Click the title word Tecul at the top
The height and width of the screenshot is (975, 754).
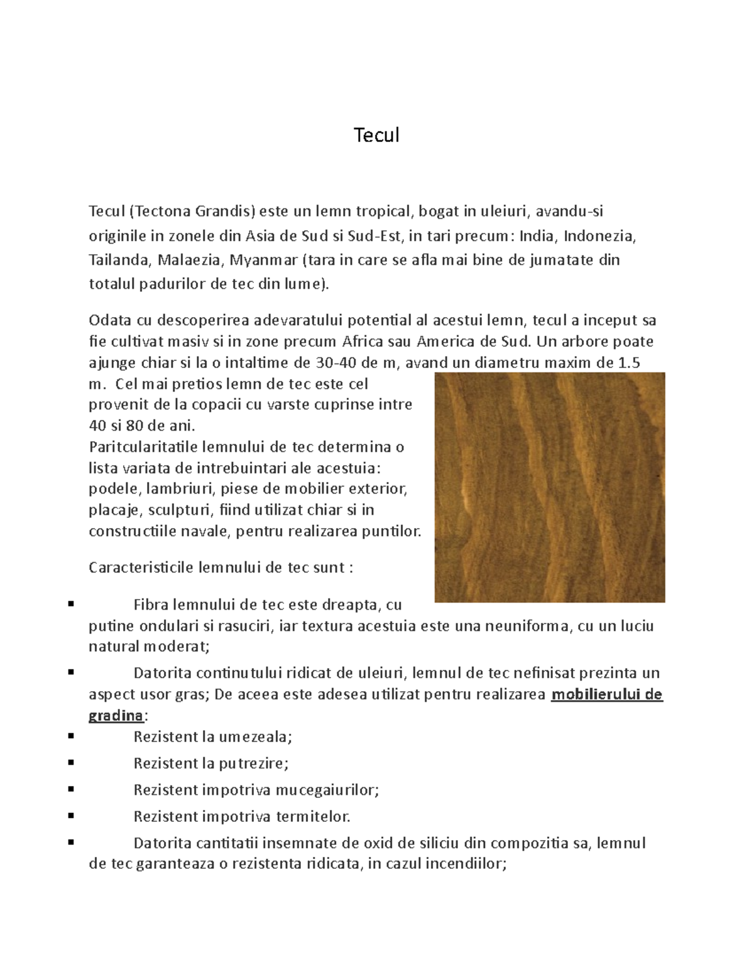pos(376,135)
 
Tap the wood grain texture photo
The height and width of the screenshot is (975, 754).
pos(550,487)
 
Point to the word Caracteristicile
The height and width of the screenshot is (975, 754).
pos(141,568)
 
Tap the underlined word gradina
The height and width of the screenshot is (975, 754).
pos(116,716)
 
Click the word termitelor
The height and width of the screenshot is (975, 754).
pos(312,816)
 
